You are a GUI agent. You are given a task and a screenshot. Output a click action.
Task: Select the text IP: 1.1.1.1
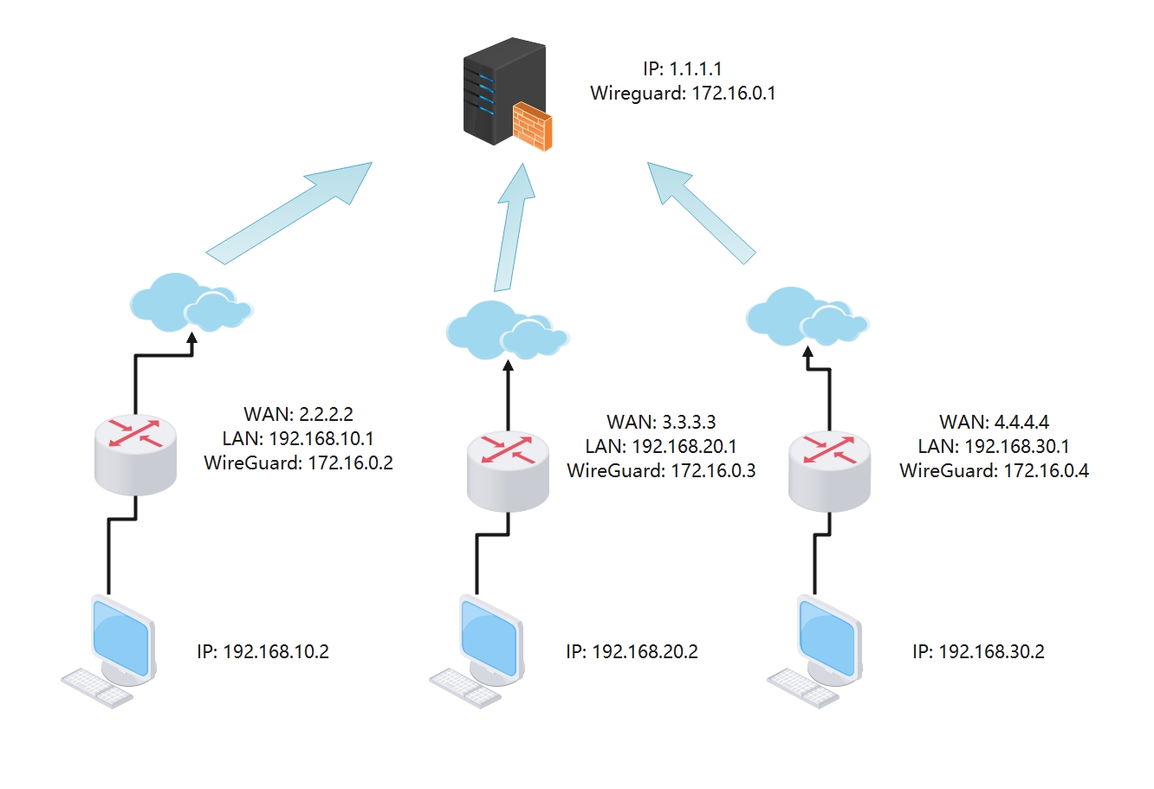[x=683, y=68]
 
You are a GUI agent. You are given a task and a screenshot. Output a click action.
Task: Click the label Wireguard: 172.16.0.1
[x=683, y=93]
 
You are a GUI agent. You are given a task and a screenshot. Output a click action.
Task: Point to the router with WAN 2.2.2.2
[x=135, y=453]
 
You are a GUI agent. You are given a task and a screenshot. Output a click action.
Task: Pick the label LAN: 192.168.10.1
[x=298, y=438]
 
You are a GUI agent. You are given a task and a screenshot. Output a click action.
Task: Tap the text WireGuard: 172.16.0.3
[x=661, y=470]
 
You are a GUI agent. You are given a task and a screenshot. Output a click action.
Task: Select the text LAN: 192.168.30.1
[x=994, y=446]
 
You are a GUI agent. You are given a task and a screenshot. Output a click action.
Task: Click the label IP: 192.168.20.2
[x=632, y=651]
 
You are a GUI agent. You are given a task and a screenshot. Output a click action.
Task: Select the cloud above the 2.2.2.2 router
[x=188, y=302]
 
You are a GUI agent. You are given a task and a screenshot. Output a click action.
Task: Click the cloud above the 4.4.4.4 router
[x=805, y=316]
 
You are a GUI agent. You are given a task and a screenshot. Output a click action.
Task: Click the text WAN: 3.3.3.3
[x=661, y=422]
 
